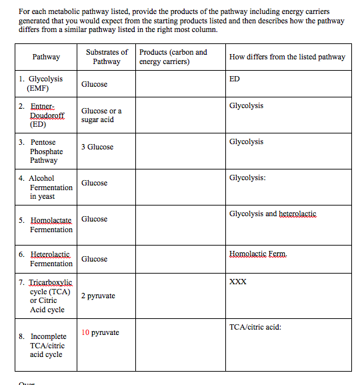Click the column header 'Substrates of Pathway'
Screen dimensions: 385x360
[x=107, y=57]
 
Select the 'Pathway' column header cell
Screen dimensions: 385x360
[x=46, y=57]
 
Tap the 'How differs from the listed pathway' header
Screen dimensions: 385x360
[x=287, y=57]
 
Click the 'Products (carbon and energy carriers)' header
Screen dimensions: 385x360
[x=173, y=57]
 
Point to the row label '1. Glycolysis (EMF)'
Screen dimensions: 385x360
[x=45, y=83]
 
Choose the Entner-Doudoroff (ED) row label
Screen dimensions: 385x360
[x=47, y=115]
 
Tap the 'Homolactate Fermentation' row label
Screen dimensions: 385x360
[x=47, y=224]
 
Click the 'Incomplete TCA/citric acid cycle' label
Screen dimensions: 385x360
[x=47, y=346]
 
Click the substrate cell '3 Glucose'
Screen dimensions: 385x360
[x=97, y=147]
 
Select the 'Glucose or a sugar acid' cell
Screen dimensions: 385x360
[x=101, y=115]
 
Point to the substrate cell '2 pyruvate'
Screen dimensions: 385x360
[x=98, y=296]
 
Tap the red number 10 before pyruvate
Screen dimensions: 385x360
[x=85, y=332]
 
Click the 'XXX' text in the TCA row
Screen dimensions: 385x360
[x=237, y=282]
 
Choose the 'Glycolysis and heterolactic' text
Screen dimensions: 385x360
[x=273, y=214]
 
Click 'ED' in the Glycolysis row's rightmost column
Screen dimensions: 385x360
[x=234, y=79]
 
